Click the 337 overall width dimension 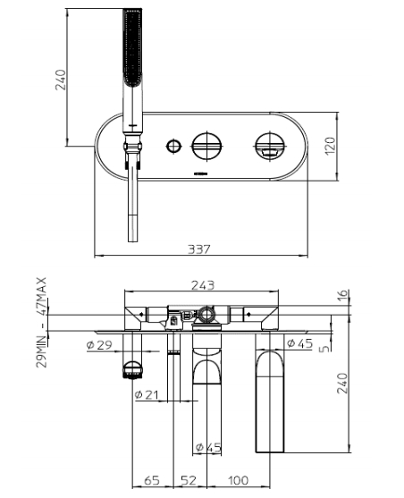click(x=200, y=249)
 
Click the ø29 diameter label click(x=99, y=344)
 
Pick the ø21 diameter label click(x=146, y=394)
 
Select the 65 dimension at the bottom click(x=152, y=481)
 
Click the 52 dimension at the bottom click(x=189, y=481)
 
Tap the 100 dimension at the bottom click(x=238, y=481)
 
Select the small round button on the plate click(x=172, y=143)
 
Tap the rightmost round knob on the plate click(x=268, y=143)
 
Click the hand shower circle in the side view click(x=131, y=368)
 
